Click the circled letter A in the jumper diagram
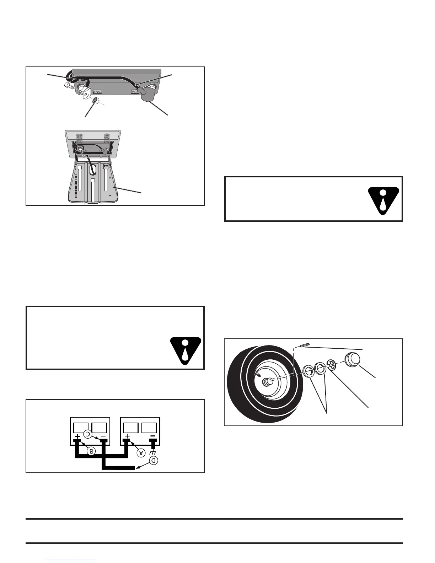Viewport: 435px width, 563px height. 141,452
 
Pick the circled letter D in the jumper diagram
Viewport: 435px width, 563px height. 153,460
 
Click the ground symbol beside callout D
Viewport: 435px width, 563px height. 153,452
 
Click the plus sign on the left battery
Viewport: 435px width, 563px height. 77,436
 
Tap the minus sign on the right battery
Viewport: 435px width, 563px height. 153,436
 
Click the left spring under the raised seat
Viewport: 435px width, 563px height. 80,137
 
